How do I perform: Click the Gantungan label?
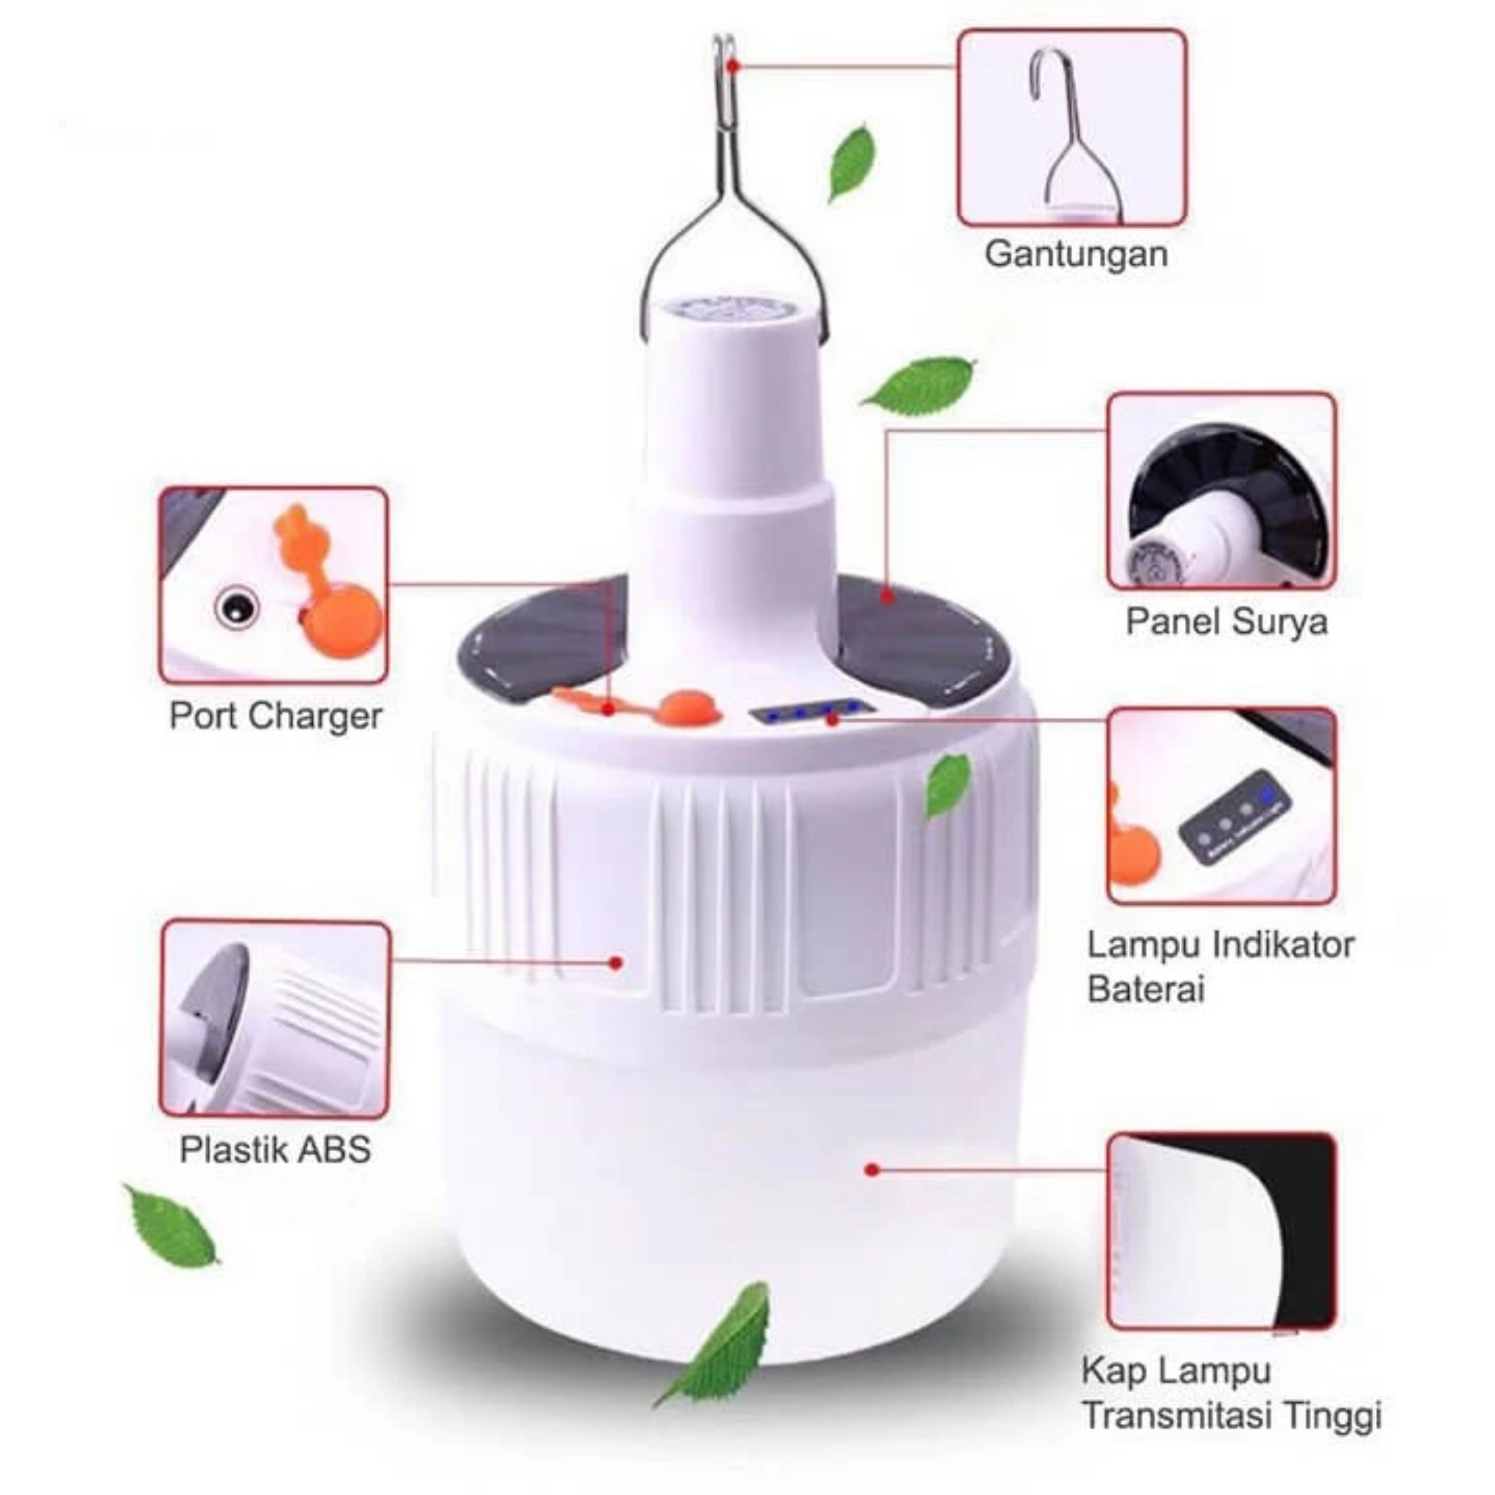[1076, 255]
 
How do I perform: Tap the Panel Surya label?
[1226, 621]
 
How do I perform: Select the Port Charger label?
[276, 716]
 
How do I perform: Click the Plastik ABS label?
[276, 1149]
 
